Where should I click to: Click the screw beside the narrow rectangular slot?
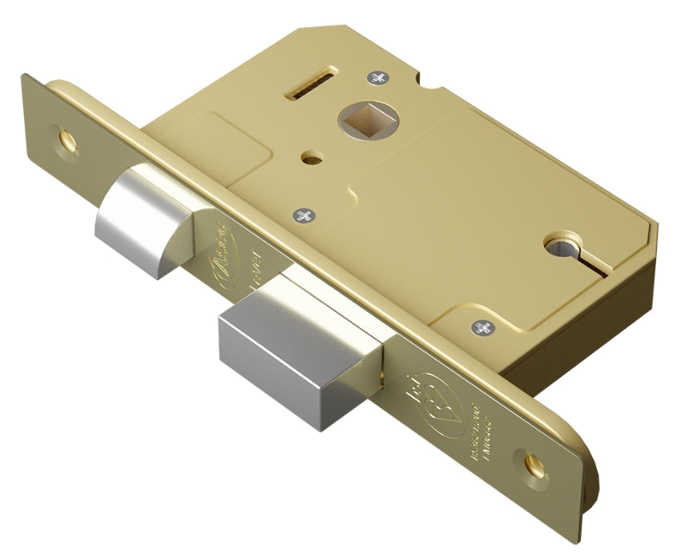pos(376,78)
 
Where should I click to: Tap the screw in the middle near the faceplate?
pos(304,215)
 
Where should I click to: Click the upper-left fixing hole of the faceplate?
pos(66,137)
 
